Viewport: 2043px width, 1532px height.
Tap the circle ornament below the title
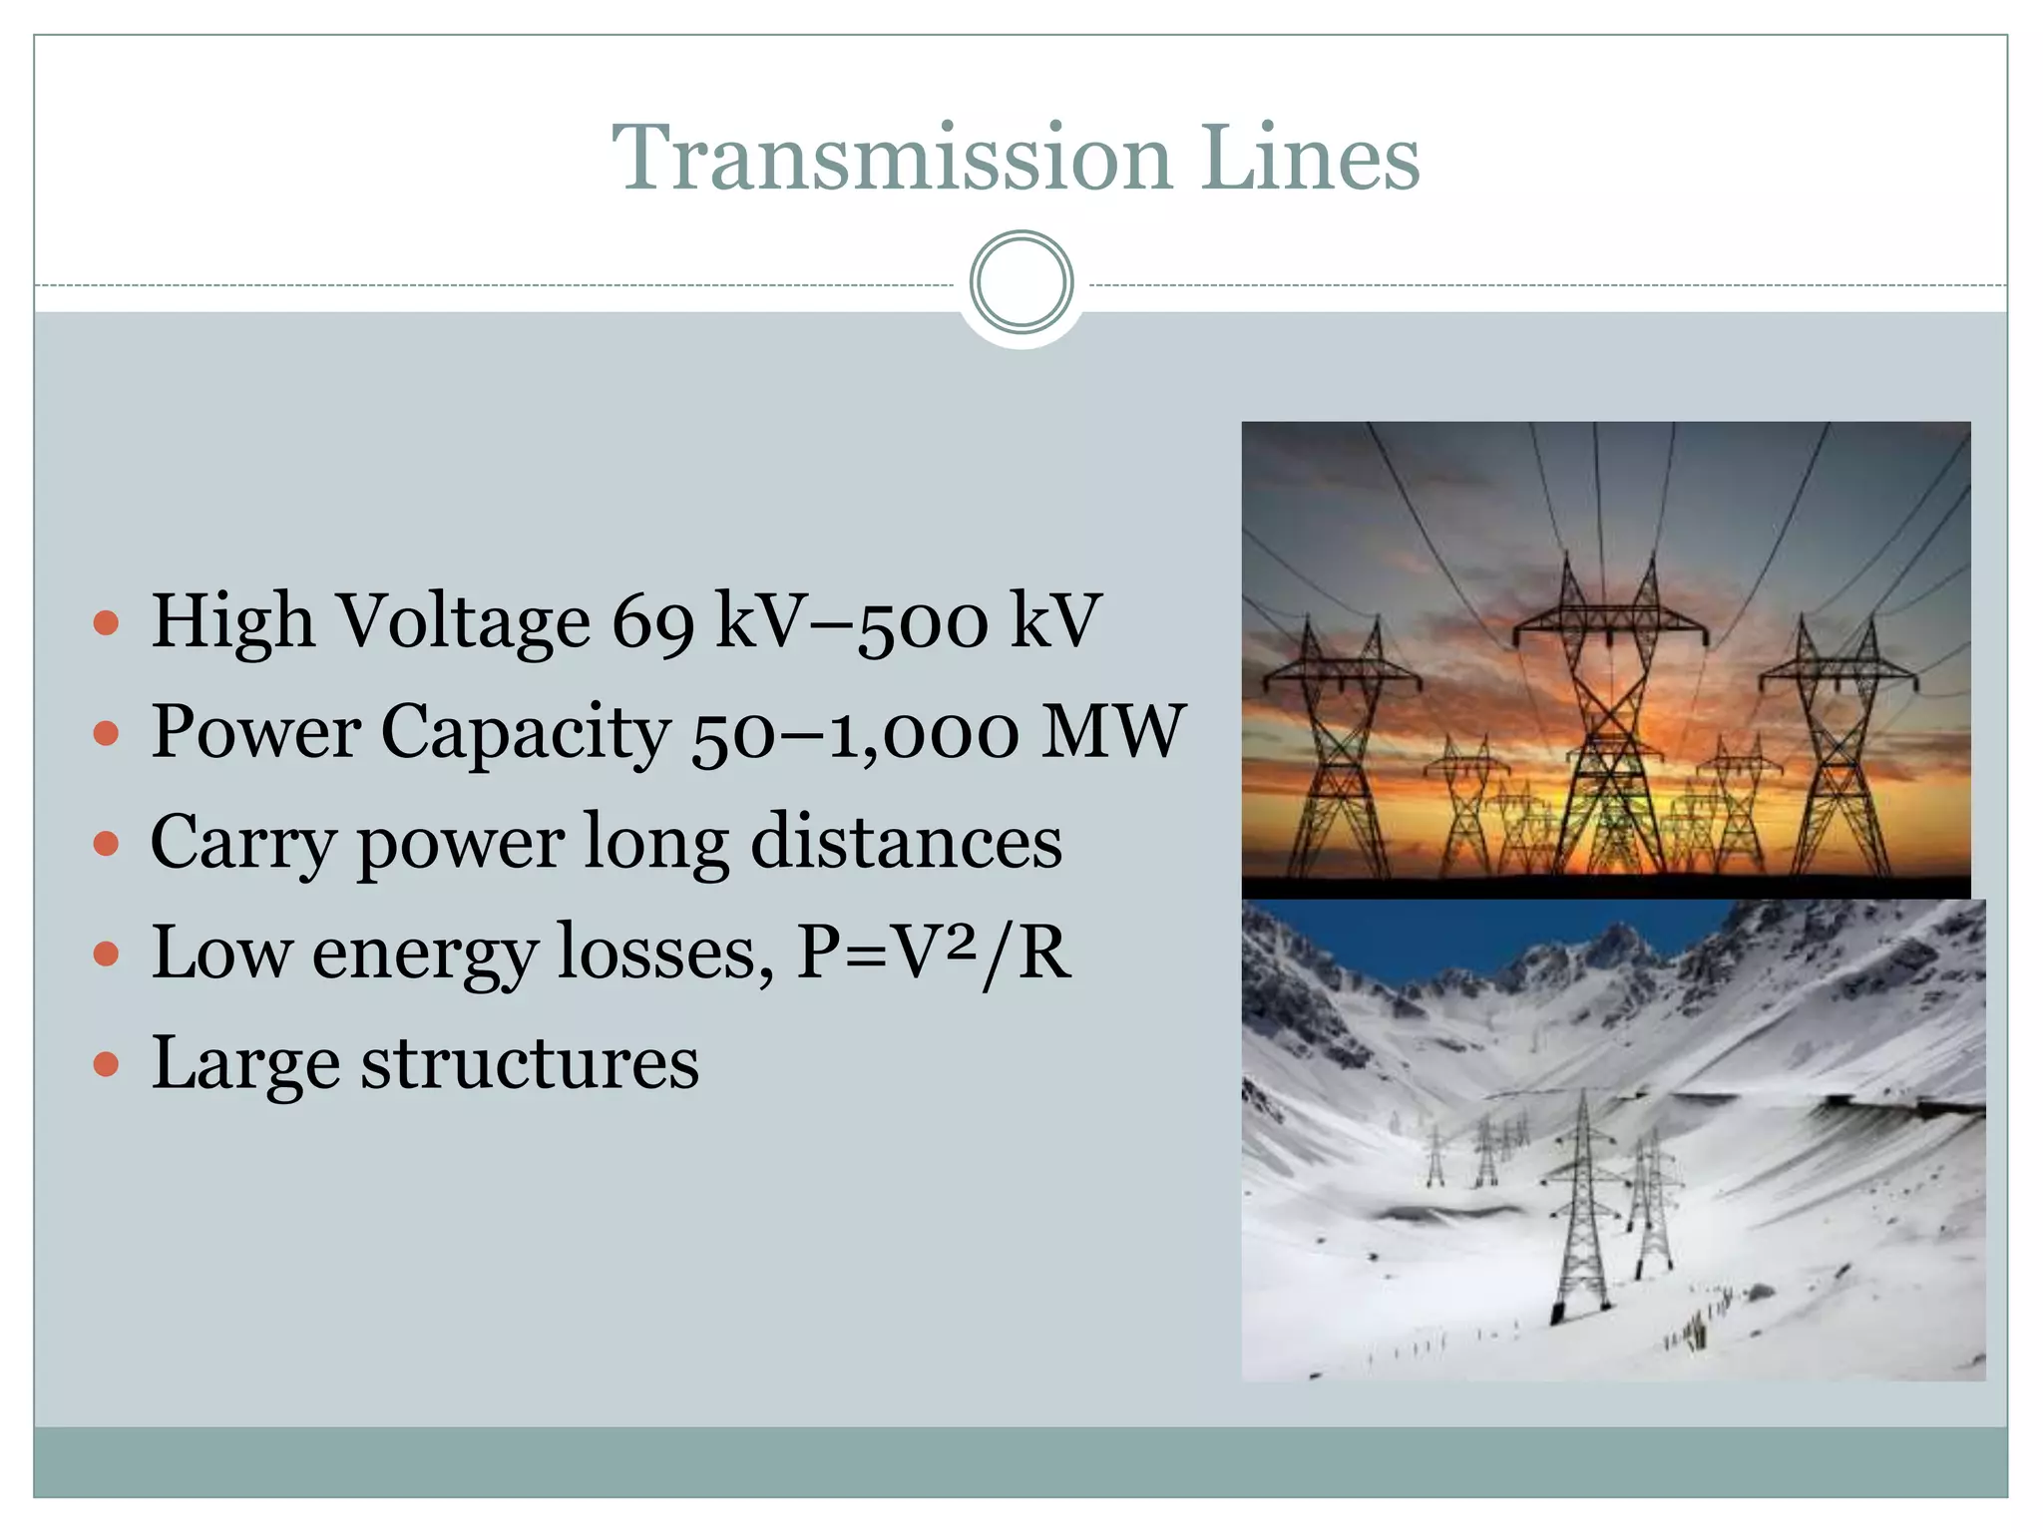[1021, 283]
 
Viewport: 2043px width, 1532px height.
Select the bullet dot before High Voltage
[106, 624]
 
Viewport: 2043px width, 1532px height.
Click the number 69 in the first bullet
[652, 622]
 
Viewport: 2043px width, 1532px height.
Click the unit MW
[1111, 733]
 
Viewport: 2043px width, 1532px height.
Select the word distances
[906, 843]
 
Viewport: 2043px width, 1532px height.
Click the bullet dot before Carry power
[106, 845]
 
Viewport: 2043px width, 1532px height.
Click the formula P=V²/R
[933, 954]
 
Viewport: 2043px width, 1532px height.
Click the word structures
[530, 1063]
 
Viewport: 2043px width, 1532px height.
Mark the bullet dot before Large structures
[106, 1065]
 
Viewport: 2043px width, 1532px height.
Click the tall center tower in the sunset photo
[1608, 718]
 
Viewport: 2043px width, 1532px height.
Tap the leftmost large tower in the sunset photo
[1339, 748]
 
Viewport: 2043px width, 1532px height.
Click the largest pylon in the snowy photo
[1583, 1207]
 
